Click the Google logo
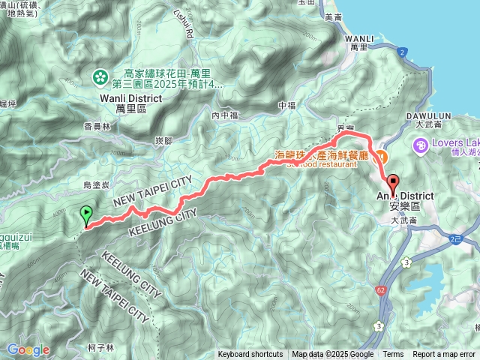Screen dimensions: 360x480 click(x=28, y=349)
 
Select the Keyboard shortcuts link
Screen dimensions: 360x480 click(x=250, y=355)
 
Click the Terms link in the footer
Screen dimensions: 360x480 click(x=393, y=355)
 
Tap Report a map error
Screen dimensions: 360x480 click(x=444, y=355)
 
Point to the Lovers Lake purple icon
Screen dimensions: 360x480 click(x=421, y=144)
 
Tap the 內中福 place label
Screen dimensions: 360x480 click(x=224, y=115)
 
